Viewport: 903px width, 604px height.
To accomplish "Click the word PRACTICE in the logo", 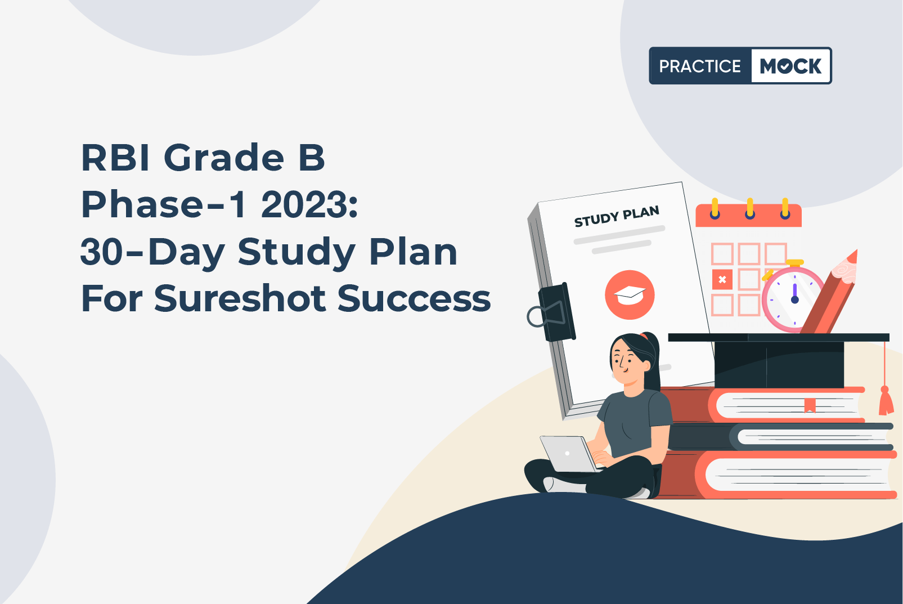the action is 700,66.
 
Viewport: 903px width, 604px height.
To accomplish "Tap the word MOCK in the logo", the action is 790,66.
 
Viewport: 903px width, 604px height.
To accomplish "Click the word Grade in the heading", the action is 224,158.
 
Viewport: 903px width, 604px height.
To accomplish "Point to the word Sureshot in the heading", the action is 240,298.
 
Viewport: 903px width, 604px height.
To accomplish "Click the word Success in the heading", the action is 414,299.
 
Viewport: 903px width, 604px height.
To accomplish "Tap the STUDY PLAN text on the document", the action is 617,216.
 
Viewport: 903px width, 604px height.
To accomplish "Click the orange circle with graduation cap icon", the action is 630,295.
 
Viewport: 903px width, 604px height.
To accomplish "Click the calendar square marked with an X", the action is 722,279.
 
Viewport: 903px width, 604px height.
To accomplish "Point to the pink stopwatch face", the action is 792,299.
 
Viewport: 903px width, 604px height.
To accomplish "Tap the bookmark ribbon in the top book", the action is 810,404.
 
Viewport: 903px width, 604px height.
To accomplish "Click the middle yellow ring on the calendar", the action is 750,208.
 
